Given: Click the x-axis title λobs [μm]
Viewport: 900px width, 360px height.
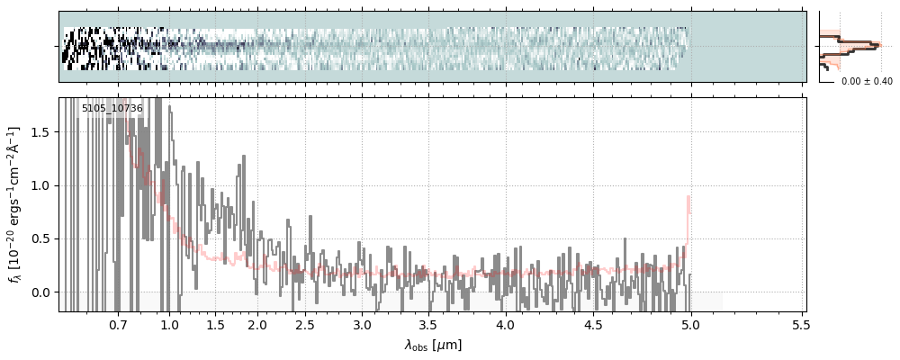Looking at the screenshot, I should click(433, 344).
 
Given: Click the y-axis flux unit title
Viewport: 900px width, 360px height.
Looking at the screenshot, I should click(14, 203).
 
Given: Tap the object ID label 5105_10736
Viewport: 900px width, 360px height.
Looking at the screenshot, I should click(112, 109).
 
